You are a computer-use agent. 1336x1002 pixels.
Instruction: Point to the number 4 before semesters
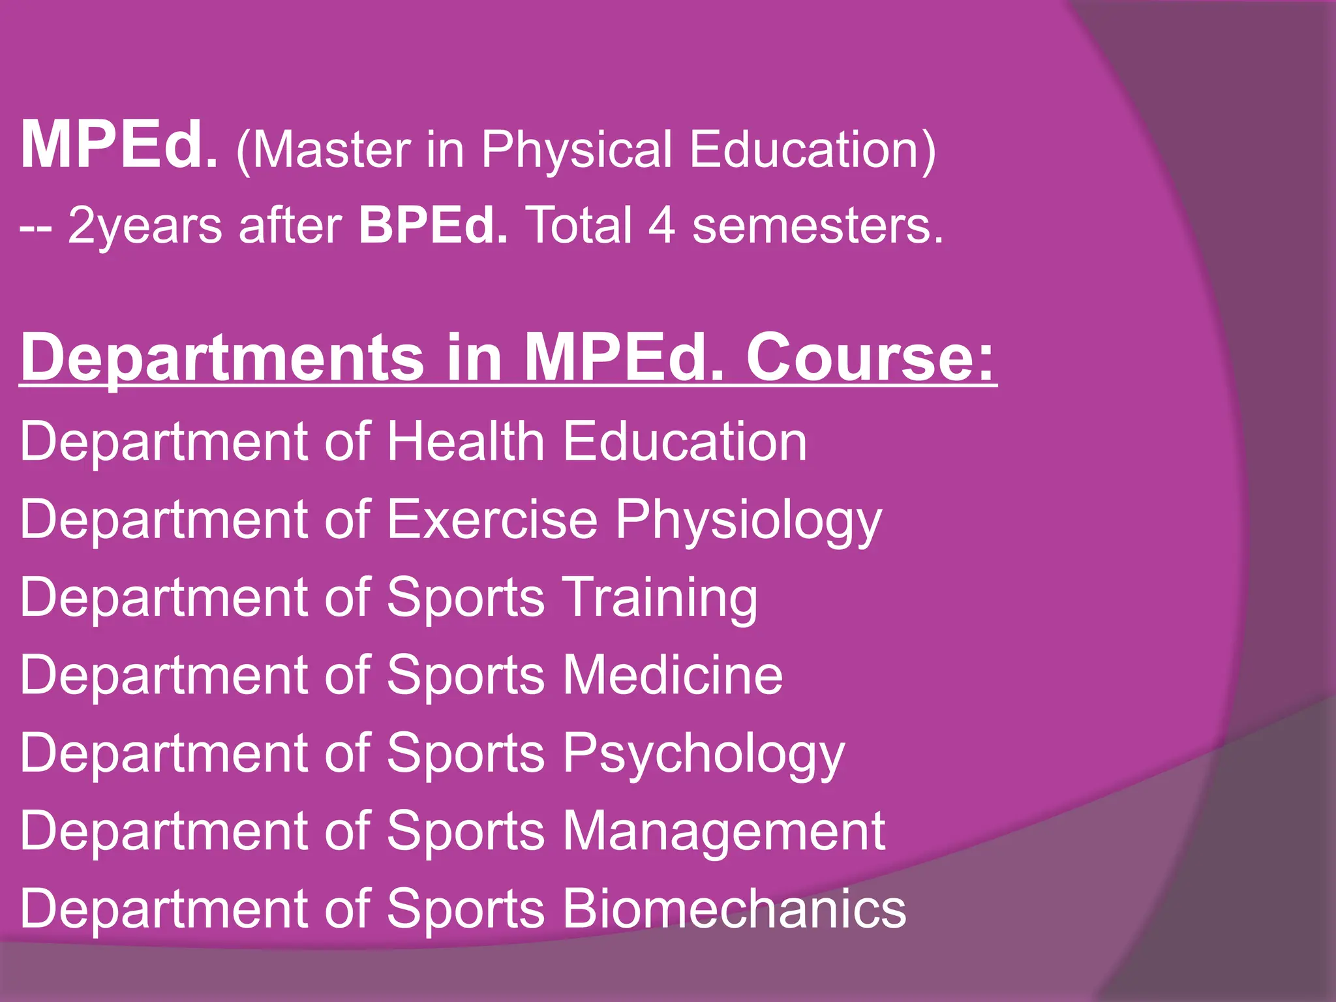(661, 225)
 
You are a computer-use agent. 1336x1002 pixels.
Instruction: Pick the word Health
(466, 442)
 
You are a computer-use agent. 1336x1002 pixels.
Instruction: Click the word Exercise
(493, 520)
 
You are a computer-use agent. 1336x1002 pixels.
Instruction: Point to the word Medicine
(673, 675)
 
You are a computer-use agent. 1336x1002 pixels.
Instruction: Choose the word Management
(723, 832)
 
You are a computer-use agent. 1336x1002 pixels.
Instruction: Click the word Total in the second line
(579, 225)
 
